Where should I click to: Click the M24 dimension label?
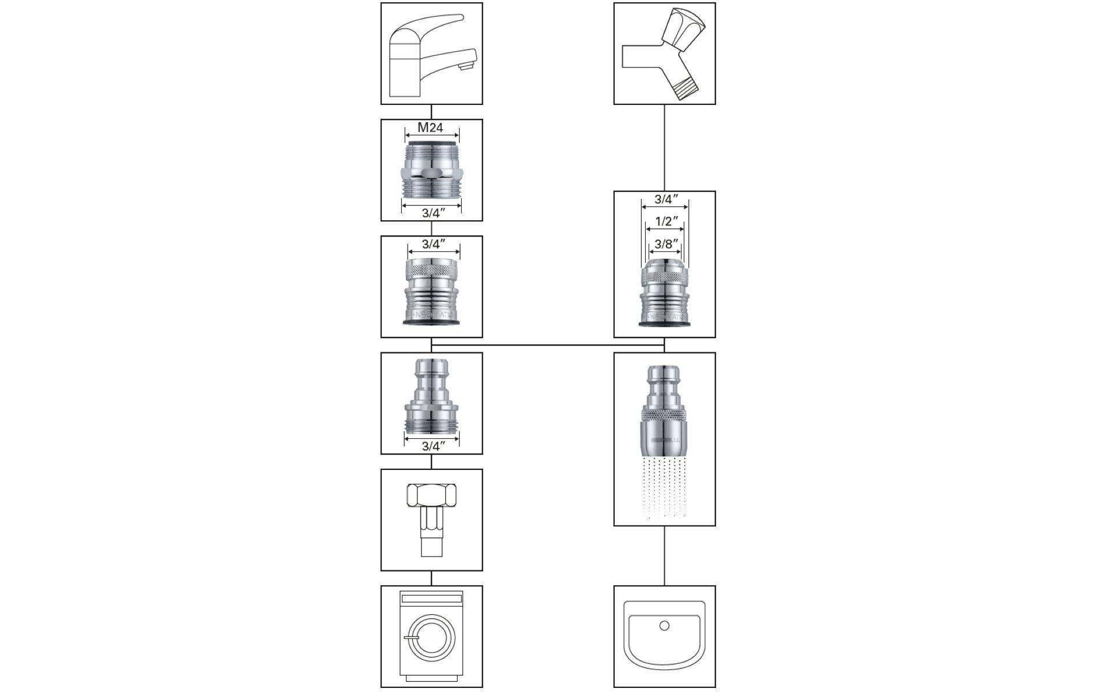click(x=430, y=127)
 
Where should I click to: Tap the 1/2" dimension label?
click(x=665, y=221)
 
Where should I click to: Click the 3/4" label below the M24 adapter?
click(x=431, y=213)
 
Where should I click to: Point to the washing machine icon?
click(x=431, y=636)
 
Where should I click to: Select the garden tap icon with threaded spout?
click(x=664, y=54)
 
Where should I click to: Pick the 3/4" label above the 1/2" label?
click(x=665, y=200)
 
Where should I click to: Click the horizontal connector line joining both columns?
click(x=548, y=345)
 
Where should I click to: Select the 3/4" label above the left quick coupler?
click(x=434, y=244)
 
